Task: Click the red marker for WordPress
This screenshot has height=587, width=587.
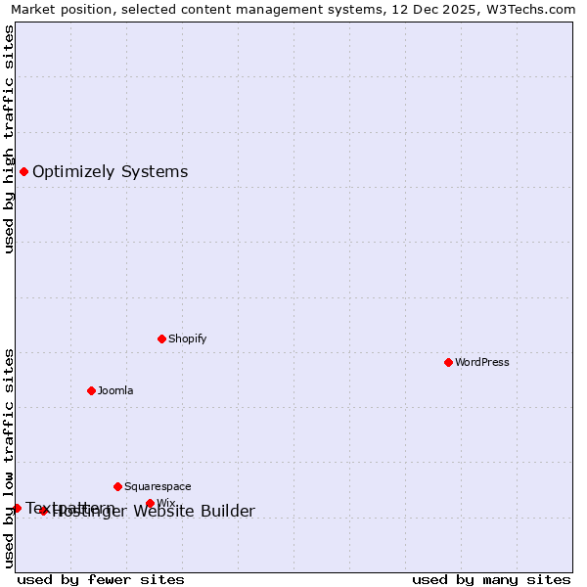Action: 448,362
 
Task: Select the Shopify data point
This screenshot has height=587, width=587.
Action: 161,339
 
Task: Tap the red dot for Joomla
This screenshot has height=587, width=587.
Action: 91,390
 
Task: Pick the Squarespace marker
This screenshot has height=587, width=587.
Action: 117,486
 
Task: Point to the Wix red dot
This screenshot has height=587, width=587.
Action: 150,503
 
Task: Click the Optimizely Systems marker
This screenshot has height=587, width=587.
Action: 23,172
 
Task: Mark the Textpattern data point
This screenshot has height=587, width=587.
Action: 17,508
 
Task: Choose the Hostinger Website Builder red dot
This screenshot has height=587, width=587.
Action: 43,511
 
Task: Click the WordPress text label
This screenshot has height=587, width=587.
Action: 482,362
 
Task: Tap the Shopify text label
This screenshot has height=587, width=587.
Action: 187,339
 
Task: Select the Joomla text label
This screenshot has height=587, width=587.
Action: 115,390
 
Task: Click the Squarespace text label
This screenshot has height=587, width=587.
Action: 158,486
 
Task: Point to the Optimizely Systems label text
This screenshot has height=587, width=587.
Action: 110,172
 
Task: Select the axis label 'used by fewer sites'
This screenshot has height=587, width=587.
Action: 101,579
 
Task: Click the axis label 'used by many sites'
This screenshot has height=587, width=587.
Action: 491,579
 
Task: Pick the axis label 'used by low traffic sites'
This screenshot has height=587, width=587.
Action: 9,458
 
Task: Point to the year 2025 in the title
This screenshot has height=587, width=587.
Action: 447,9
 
